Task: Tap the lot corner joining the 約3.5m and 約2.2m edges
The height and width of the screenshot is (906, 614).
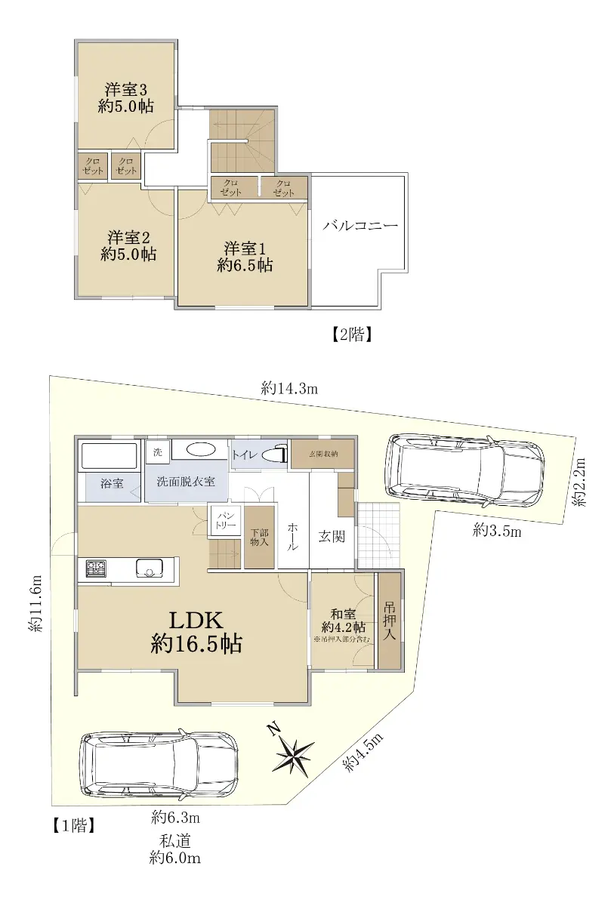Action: point(563,525)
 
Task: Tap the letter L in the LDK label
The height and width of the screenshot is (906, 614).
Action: point(177,620)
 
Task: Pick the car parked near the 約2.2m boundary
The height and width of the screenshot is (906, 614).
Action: point(464,470)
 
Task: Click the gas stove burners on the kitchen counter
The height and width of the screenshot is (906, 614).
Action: point(96,569)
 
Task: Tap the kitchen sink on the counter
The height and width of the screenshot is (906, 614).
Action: point(150,569)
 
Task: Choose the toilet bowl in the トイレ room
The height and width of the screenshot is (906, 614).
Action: point(273,455)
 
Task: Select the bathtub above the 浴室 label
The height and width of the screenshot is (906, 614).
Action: point(110,456)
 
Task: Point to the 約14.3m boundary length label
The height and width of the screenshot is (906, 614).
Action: point(289,389)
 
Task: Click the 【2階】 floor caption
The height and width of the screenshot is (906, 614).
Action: point(352,334)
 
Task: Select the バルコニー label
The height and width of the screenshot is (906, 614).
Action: point(360,225)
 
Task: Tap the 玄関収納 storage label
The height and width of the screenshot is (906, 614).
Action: point(323,454)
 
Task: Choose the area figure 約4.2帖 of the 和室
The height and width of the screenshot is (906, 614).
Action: point(344,627)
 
